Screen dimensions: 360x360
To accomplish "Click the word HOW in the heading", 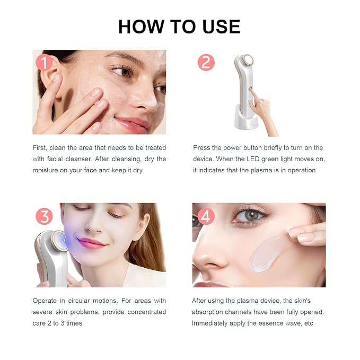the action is (x=142, y=27).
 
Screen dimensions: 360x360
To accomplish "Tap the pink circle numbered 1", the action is (x=44, y=62).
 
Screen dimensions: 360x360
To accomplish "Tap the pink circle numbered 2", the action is (x=206, y=62).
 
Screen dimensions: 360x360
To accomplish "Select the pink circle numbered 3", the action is (x=44, y=216).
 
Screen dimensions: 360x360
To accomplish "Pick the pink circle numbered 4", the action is (x=206, y=216).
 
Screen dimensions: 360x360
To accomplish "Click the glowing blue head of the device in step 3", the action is (x=59, y=241).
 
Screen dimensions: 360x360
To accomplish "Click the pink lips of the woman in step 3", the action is (x=91, y=243).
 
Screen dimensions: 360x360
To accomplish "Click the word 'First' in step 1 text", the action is (x=40, y=148).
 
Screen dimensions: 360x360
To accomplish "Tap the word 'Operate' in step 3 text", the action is (x=45, y=301).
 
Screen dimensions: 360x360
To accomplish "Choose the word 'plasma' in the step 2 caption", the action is (x=260, y=171).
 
